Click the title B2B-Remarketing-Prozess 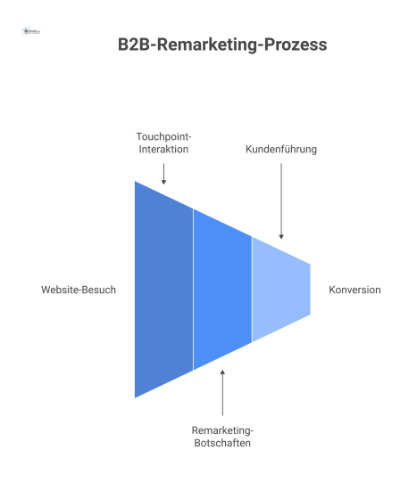[x=222, y=44]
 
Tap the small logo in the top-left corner [x=32, y=31]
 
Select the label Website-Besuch [x=79, y=290]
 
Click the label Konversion [x=354, y=290]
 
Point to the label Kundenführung [x=281, y=149]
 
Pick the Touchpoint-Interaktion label [x=164, y=143]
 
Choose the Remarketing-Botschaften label [x=222, y=436]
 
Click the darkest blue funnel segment [x=164, y=290]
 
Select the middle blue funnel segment [x=222, y=290]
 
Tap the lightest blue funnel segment [x=280, y=290]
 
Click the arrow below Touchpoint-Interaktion [x=164, y=173]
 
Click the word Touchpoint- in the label [x=164, y=136]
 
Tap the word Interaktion [x=164, y=149]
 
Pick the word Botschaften [x=222, y=442]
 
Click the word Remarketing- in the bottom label [x=222, y=430]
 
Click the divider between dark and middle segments [x=193, y=290]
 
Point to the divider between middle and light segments [x=252, y=290]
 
